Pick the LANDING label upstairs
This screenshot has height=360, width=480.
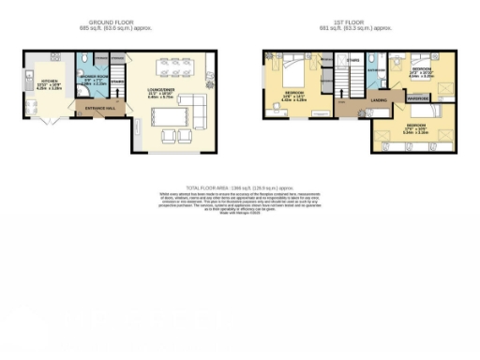tap(380, 98)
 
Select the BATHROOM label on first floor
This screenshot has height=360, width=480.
tap(377, 69)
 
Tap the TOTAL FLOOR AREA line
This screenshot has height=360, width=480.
tap(239, 188)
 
